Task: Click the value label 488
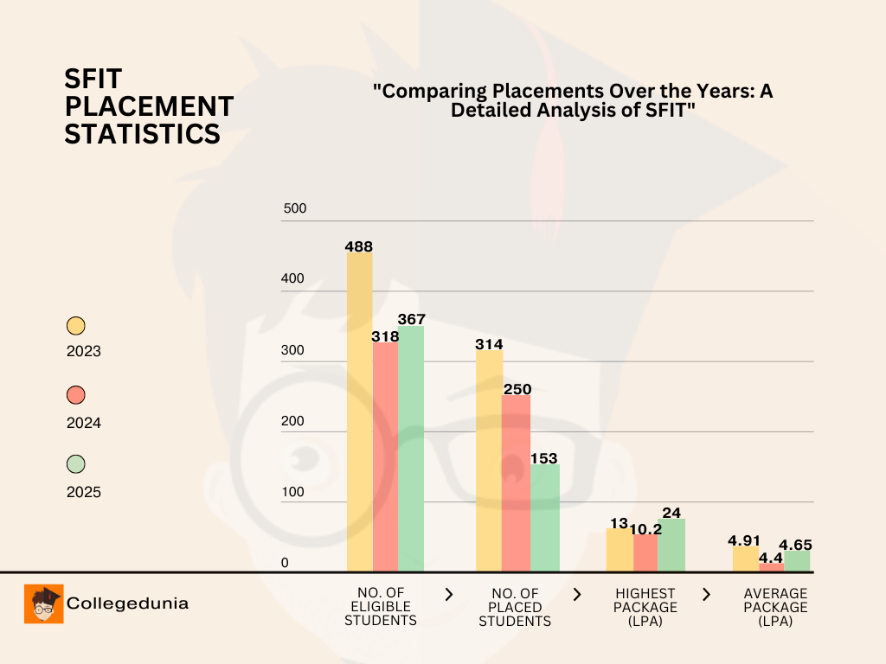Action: click(358, 246)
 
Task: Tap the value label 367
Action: click(411, 319)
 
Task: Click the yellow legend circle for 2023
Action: click(76, 326)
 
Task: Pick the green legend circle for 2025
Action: click(76, 465)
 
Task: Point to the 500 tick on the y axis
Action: click(296, 209)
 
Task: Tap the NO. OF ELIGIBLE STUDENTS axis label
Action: click(381, 607)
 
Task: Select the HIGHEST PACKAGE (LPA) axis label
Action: click(645, 607)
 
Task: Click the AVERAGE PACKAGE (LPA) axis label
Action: click(775, 607)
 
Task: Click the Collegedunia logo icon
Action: click(43, 603)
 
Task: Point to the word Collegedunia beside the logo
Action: click(127, 603)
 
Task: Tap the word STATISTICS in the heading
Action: click(142, 134)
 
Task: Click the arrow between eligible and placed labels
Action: click(448, 594)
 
